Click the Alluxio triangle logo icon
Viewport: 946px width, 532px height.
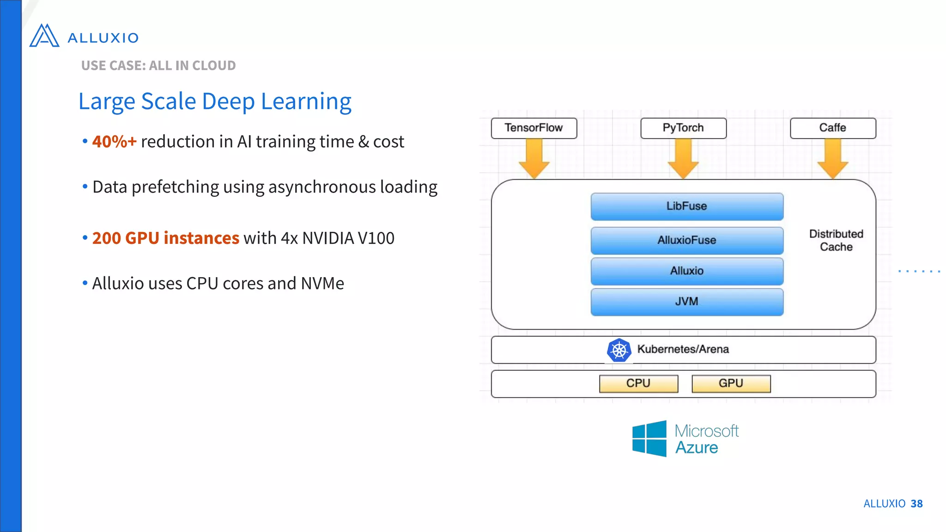[44, 36]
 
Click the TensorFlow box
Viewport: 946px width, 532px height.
[534, 128]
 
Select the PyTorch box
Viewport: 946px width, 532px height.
[683, 128]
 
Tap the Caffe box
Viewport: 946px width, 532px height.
[833, 128]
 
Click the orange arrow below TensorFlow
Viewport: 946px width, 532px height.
[534, 159]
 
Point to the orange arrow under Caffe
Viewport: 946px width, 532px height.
[833, 159]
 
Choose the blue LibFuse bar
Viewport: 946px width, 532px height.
[687, 206]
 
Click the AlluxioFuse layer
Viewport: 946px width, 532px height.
[687, 240]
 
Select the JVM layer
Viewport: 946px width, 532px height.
[687, 302]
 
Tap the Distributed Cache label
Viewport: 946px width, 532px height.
[836, 240]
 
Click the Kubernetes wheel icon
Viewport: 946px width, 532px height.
[619, 350]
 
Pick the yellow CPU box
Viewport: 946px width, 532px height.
[638, 383]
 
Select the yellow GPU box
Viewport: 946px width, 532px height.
[731, 383]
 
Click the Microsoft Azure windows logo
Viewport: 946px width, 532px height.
[649, 439]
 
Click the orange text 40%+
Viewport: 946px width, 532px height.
[114, 142]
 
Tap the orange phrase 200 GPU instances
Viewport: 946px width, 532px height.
[165, 238]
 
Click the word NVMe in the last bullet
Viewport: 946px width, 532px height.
[322, 284]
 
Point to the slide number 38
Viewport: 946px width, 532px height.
[916, 504]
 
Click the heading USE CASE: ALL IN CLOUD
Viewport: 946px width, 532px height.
[158, 66]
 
